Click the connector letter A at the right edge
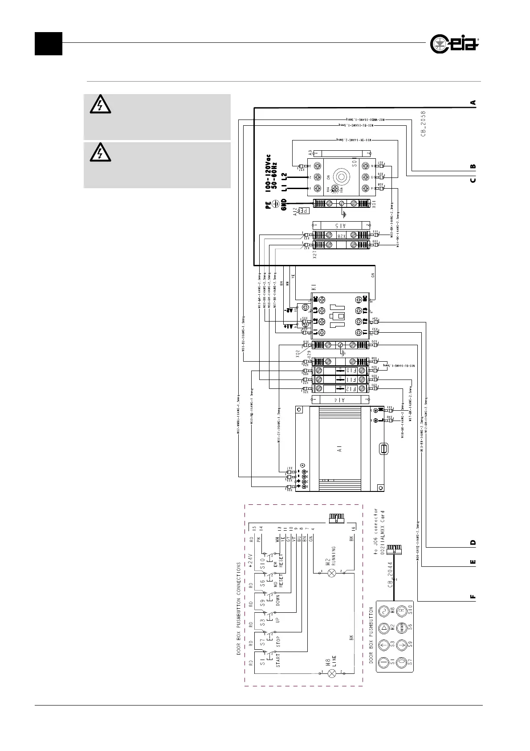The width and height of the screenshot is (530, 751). click(x=473, y=102)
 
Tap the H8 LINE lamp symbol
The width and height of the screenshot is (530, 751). click(x=331, y=673)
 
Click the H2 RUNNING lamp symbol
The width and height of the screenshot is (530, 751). click(x=331, y=573)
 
